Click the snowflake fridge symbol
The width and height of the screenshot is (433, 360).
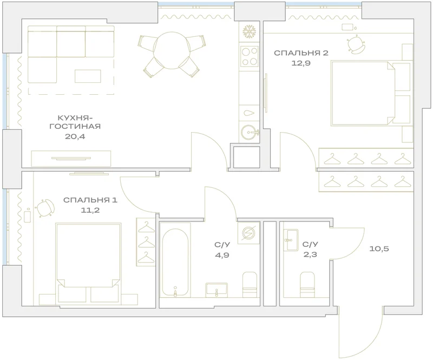coord(250,31)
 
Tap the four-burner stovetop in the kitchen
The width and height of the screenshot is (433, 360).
coord(250,56)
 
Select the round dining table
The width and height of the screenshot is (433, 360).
coord(172,50)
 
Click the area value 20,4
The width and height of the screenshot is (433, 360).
coord(75,136)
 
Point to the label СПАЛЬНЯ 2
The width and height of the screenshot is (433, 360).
coord(301,53)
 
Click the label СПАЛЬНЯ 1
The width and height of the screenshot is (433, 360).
coord(90,200)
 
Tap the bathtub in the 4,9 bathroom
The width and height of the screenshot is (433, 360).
coord(175,263)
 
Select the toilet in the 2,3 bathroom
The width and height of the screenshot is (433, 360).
coord(307,285)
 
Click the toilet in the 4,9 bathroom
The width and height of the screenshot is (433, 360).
coord(250,285)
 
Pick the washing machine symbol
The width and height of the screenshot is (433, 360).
coord(248,233)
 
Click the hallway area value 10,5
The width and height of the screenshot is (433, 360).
coord(379,248)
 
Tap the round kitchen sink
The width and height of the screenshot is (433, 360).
coord(250,133)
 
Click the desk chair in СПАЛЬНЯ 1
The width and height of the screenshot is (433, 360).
coord(45,208)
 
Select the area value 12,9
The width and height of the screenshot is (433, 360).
coord(301,63)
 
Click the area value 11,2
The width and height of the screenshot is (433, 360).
coord(90,210)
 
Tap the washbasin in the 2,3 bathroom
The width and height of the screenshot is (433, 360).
coord(291,239)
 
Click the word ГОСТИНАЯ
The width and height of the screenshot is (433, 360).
coord(75,126)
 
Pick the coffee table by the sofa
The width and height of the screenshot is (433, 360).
coord(88,76)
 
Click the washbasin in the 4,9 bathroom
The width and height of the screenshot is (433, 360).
coord(216,290)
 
